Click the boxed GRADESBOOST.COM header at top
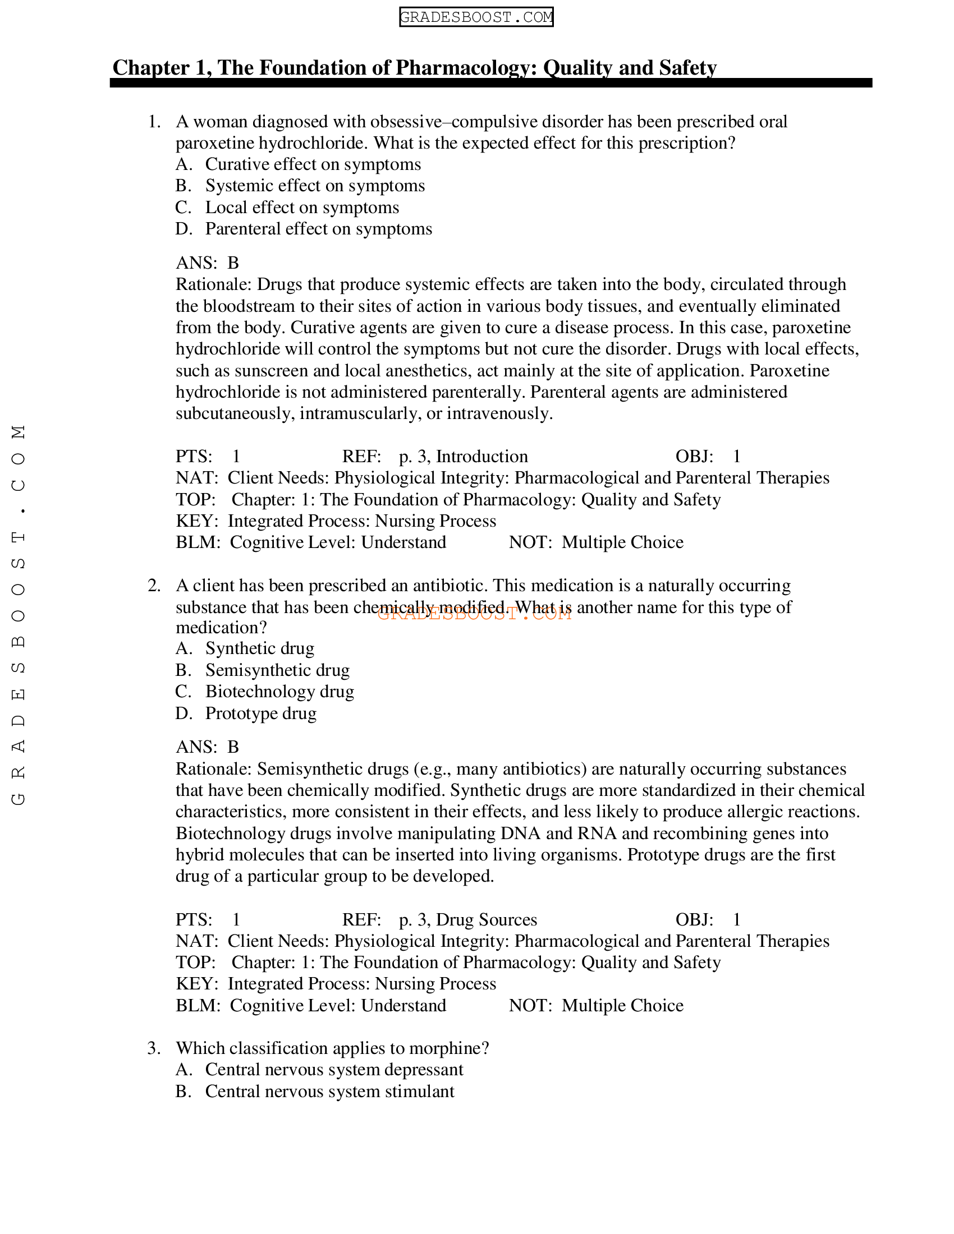pyautogui.click(x=476, y=17)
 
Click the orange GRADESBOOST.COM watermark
pyautogui.click(x=474, y=614)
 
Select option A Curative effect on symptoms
pyautogui.click(x=313, y=164)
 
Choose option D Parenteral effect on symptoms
pyautogui.click(x=318, y=229)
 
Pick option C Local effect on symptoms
pyautogui.click(x=302, y=208)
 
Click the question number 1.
pyautogui.click(x=154, y=122)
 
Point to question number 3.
pyautogui.click(x=154, y=1049)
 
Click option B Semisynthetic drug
pyautogui.click(x=277, y=670)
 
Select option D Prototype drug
pyautogui.click(x=260, y=713)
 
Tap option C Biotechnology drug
pyautogui.click(x=279, y=692)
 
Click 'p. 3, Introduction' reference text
pyautogui.click(x=463, y=457)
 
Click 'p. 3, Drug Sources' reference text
pyautogui.click(x=467, y=920)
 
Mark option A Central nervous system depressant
pyautogui.click(x=333, y=1070)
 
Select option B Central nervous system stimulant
pyautogui.click(x=329, y=1092)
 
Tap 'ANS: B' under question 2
pyautogui.click(x=208, y=747)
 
